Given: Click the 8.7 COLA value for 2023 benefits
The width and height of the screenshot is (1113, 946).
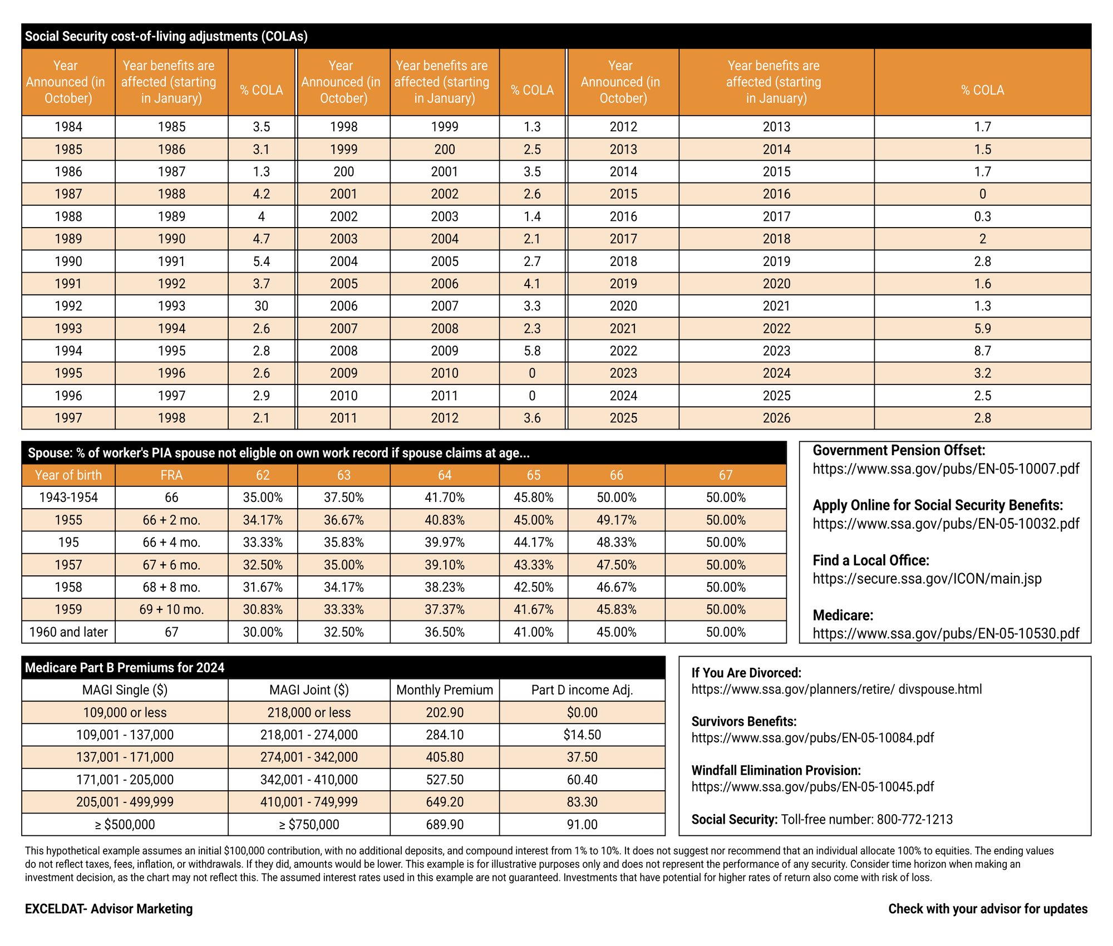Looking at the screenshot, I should tap(982, 351).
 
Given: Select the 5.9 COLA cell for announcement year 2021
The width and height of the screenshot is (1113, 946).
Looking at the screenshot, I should tap(982, 329).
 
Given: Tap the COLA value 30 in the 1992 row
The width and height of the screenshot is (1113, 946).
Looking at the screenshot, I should tap(261, 306).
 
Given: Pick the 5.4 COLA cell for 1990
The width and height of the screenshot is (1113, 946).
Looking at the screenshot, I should tap(261, 262).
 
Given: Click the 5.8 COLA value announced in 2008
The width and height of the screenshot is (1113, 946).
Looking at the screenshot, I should tap(532, 351).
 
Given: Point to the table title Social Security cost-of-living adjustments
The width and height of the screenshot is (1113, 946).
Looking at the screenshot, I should tap(166, 37).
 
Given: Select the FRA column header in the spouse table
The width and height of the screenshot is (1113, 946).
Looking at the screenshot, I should tap(171, 475).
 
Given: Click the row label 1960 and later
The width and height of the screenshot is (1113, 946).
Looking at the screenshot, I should tap(68, 632).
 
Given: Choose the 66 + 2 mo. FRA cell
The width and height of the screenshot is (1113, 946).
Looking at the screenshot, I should tap(171, 520).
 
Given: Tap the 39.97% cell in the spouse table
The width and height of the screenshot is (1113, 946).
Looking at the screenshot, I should tap(444, 543).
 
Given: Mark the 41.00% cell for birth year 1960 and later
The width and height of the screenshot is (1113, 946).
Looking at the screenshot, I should tap(533, 632).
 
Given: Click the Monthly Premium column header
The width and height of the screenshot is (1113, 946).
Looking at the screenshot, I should tap(444, 690).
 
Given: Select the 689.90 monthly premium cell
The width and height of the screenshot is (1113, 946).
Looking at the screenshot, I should tap(444, 825).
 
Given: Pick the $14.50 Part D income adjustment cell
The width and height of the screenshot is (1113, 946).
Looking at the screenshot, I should tap(582, 735).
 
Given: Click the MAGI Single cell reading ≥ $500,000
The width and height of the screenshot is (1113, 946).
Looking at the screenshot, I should tap(125, 825).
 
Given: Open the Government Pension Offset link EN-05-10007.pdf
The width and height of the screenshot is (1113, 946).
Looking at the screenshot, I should tap(945, 469).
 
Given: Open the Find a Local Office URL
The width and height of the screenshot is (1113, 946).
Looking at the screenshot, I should tap(927, 579).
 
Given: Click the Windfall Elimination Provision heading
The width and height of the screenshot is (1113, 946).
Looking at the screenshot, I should tap(776, 771).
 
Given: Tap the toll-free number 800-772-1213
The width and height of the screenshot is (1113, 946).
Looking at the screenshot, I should tap(914, 820).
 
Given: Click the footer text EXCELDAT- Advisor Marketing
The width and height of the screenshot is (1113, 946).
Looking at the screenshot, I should tap(109, 909).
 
